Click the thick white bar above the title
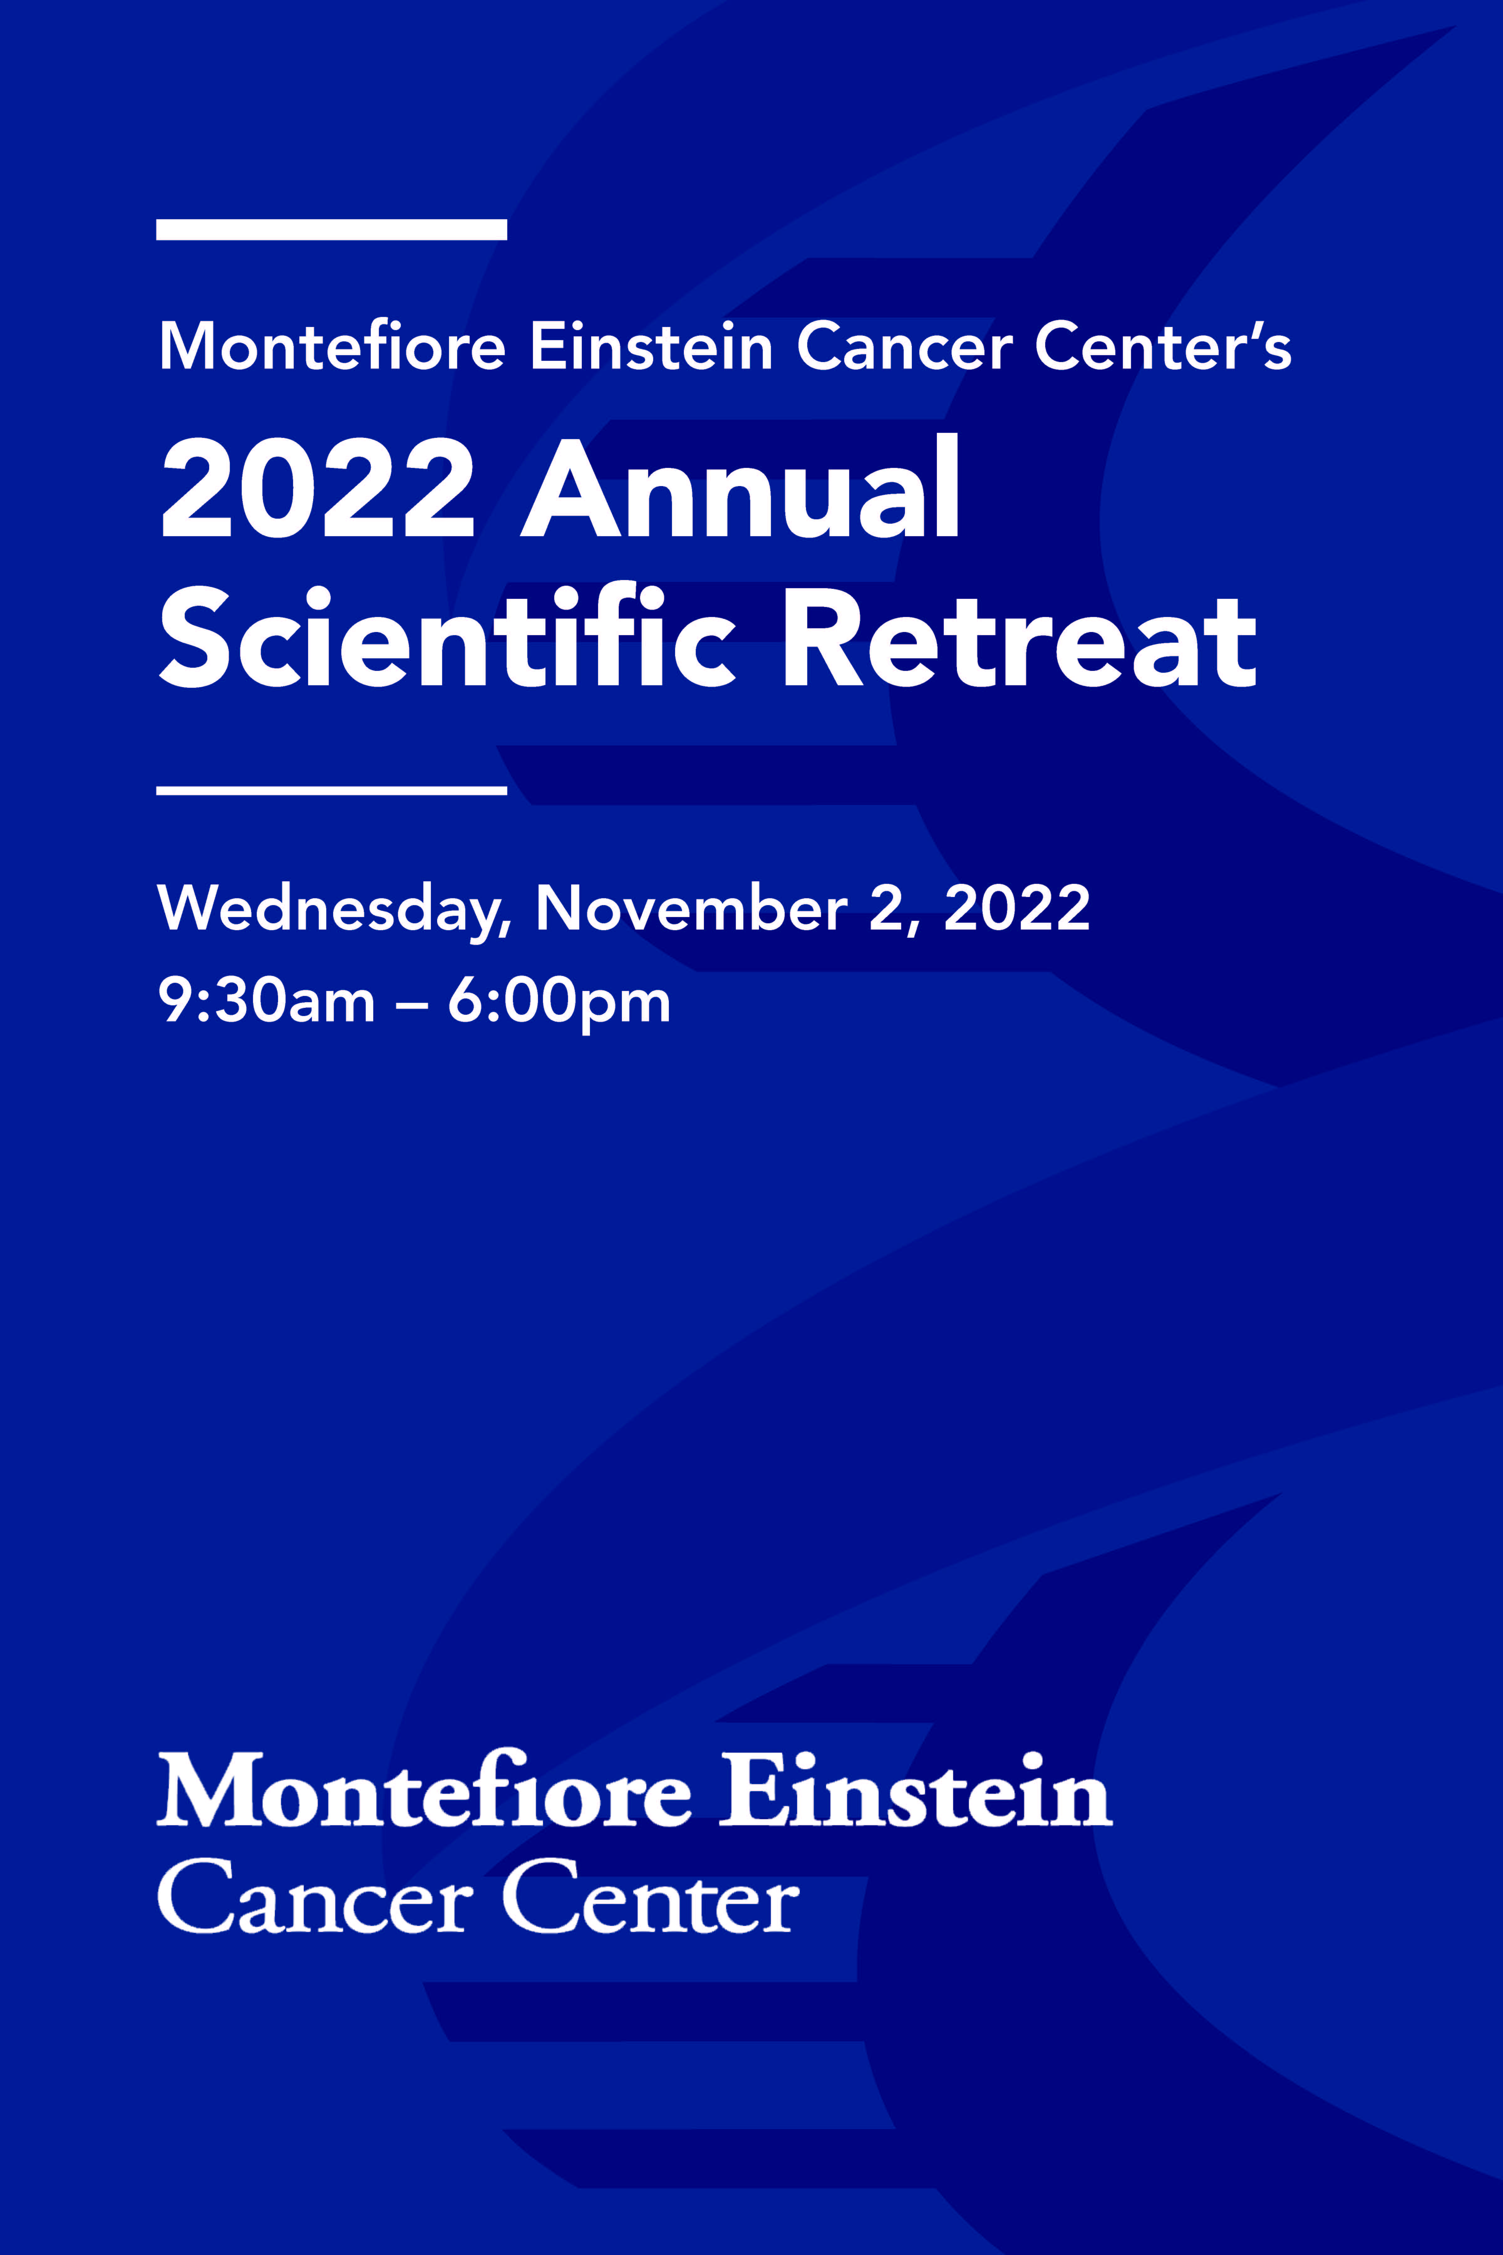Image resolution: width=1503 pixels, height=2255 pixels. (x=332, y=229)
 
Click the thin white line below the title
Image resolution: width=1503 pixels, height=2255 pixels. (x=332, y=790)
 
